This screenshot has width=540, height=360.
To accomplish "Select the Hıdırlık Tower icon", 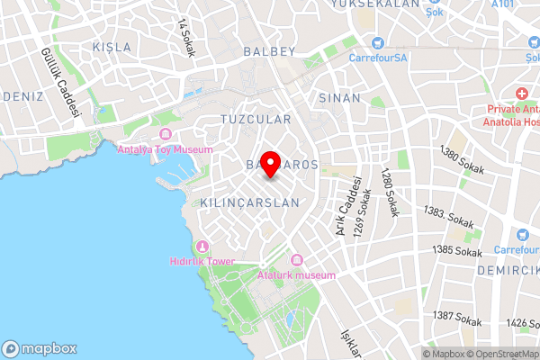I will coord(202,247).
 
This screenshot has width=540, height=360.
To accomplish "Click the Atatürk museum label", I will coord(296,274).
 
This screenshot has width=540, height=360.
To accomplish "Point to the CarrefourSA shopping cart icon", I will coord(378,43).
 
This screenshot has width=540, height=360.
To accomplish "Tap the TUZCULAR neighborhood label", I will coord(256,119).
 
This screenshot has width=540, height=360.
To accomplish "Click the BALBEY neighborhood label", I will coord(268,52).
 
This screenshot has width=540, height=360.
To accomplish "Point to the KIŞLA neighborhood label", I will coord(112,46).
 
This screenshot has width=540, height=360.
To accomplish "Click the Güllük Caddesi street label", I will coord(60,84).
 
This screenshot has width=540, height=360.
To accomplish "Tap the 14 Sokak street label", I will coord(186,38).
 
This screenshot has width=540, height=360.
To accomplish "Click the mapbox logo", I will coord(40,349).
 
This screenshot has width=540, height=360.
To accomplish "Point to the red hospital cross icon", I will coord(521,93).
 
